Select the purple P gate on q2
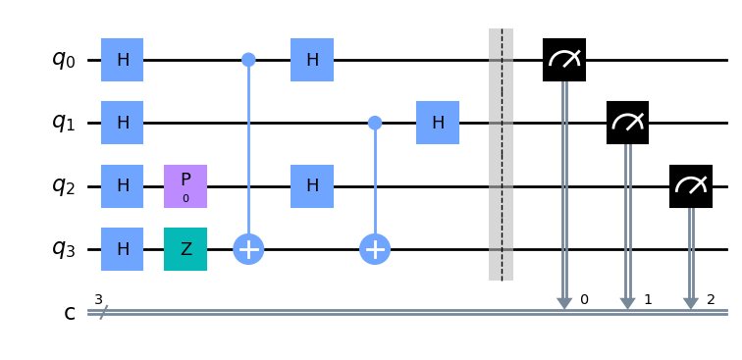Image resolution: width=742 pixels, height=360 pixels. coord(185,185)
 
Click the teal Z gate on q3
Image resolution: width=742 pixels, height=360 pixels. coord(185,249)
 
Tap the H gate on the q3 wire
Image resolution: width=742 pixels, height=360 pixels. coord(123,249)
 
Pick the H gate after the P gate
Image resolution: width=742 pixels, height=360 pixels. coord(312,185)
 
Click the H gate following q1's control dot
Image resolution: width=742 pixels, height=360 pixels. coord(438,123)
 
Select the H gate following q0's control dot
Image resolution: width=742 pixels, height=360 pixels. coord(312,60)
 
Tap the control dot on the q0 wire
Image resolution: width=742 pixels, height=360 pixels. coord(249,60)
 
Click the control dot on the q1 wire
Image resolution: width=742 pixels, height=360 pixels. coord(375,123)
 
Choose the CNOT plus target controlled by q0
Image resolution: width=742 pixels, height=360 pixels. coord(249,249)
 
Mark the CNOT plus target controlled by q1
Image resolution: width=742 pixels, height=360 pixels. coord(375,249)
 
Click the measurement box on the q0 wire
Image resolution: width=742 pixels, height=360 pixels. coord(564,60)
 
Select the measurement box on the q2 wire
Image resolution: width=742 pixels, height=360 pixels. coord(690,185)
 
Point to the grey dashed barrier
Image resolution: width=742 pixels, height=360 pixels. coord(501,154)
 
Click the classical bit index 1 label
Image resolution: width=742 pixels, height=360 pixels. coord(647,298)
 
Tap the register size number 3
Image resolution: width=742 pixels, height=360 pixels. coord(98,298)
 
